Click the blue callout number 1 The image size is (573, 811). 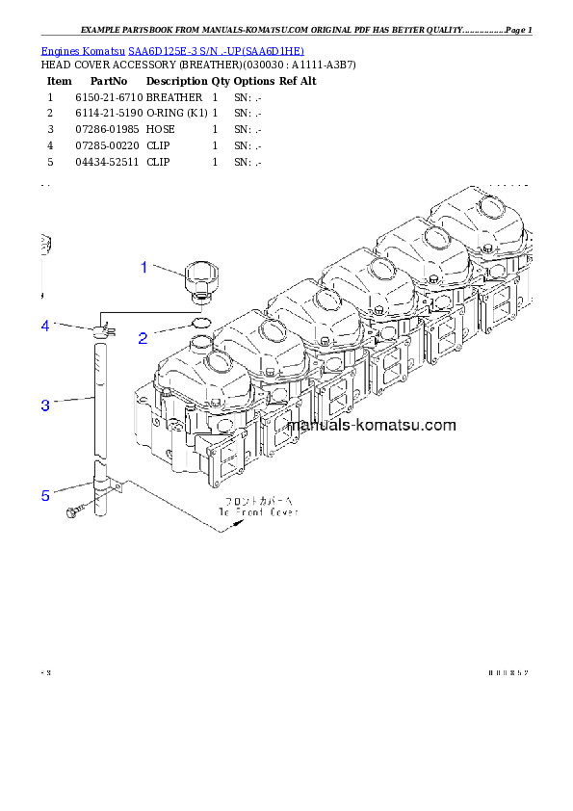click(x=144, y=267)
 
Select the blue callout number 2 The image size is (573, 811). click(x=143, y=337)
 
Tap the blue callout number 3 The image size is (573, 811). click(x=44, y=405)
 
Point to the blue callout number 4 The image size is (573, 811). click(x=44, y=327)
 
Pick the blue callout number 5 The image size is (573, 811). click(x=44, y=495)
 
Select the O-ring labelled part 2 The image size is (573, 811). click(x=200, y=323)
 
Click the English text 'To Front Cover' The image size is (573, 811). click(x=257, y=512)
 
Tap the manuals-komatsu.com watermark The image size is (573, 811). click(x=371, y=426)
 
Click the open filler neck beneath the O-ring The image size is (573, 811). click(x=200, y=342)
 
